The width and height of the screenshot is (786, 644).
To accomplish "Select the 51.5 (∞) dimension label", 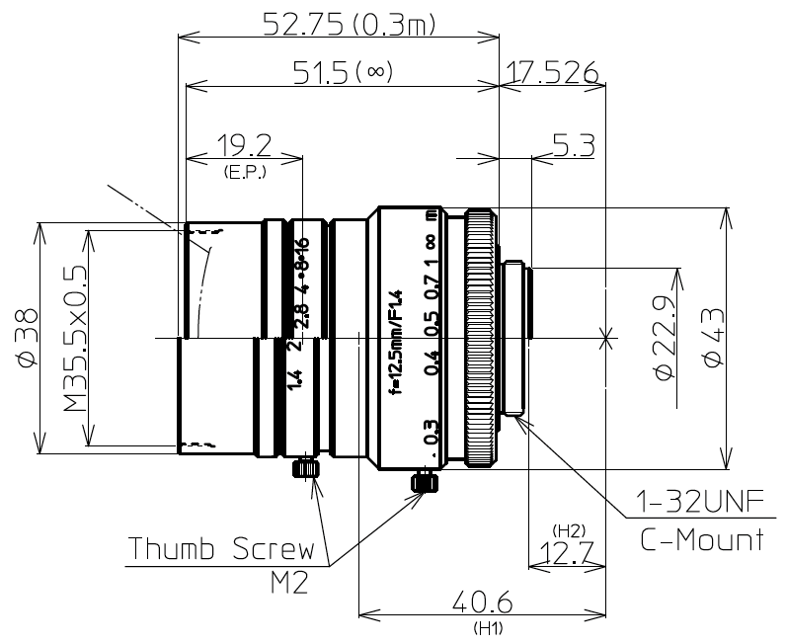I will click(343, 71).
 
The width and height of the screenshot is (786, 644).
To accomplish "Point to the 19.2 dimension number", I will click(243, 145).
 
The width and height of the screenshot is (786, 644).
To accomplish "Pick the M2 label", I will click(288, 582).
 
